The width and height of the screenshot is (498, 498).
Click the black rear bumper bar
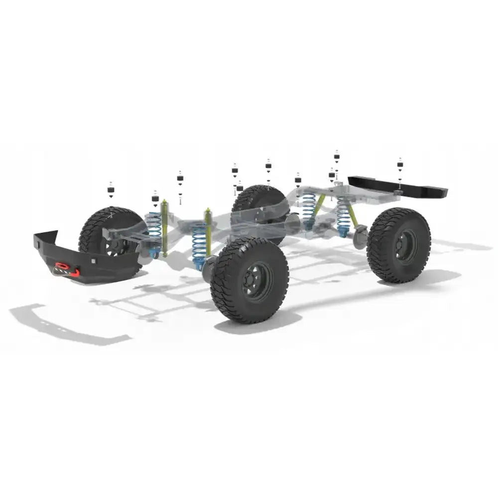tap(398, 186)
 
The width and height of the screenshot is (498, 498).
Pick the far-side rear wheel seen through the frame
tap(259, 204)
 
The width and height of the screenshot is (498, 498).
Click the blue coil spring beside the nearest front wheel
tap(200, 244)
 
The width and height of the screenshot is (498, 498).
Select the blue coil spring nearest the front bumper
tap(155, 227)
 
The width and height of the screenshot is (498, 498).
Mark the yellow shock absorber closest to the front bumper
tap(164, 227)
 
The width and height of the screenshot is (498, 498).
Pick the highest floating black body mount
tap(337, 156)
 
